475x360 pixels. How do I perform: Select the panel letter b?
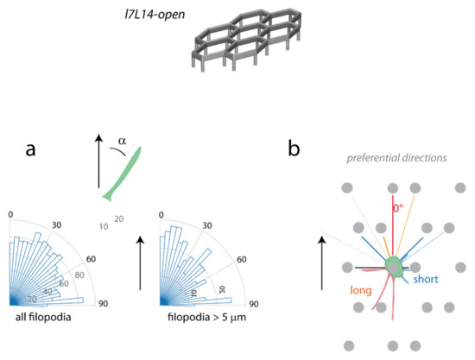click(294, 148)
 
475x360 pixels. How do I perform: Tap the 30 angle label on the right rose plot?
click(207, 225)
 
